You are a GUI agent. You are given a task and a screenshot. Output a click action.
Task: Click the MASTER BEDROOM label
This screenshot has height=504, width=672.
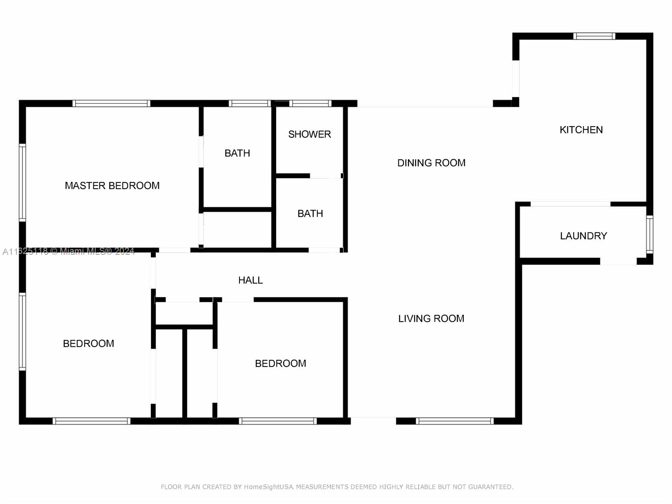tap(112, 185)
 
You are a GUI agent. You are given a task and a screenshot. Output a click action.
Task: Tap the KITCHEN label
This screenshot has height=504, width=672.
tap(581, 130)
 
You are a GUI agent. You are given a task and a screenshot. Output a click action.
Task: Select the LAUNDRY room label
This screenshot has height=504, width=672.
tap(583, 236)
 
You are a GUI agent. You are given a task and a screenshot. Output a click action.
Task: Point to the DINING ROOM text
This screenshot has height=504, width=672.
tap(431, 163)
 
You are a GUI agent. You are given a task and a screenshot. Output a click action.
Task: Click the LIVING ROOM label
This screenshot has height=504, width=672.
tap(431, 319)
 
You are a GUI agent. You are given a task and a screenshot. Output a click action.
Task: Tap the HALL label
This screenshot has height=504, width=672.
tap(250, 280)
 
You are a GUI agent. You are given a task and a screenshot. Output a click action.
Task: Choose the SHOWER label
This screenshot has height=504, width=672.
tap(309, 134)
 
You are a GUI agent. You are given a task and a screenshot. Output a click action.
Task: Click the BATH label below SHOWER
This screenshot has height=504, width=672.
tap(310, 214)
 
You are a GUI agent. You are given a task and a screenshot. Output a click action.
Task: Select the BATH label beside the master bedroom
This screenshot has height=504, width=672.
tap(237, 153)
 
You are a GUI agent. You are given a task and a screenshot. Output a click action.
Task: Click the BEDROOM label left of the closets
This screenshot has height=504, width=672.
tap(89, 343)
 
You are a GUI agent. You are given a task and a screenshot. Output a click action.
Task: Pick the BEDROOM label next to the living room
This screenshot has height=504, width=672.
tap(280, 364)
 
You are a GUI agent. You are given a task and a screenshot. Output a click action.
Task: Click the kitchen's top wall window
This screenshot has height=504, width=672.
tap(594, 36)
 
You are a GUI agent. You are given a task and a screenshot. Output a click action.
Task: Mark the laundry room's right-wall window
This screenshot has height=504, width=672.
tap(650, 235)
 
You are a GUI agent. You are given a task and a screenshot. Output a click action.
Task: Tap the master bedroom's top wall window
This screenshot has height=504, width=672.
tap(111, 103)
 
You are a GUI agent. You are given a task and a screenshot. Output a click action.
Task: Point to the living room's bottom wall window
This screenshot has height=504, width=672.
tap(455, 421)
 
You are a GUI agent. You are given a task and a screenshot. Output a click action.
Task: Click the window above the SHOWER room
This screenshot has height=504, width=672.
tap(311, 103)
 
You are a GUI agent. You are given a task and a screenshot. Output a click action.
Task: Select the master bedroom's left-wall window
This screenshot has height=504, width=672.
tap(22, 182)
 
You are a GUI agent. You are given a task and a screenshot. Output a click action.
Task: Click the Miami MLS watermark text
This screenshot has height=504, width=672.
tap(68, 251)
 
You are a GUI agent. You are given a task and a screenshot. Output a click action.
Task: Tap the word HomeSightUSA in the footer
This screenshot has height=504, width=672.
tap(269, 487)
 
